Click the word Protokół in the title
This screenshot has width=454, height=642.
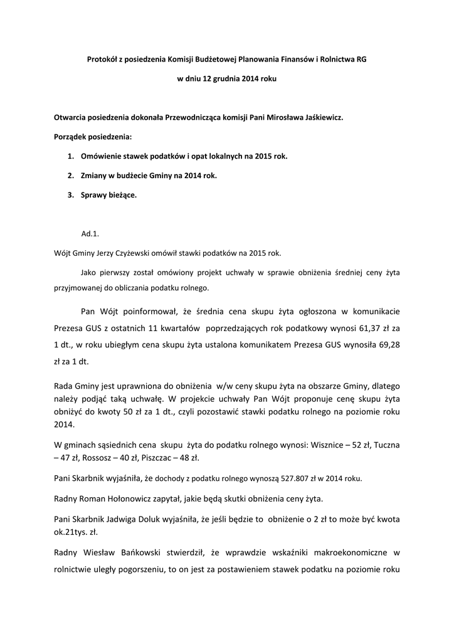[102, 59]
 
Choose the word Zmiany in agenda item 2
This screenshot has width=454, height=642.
[93, 176]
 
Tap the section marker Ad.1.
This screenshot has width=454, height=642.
[90, 234]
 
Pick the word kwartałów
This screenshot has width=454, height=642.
[177, 327]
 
